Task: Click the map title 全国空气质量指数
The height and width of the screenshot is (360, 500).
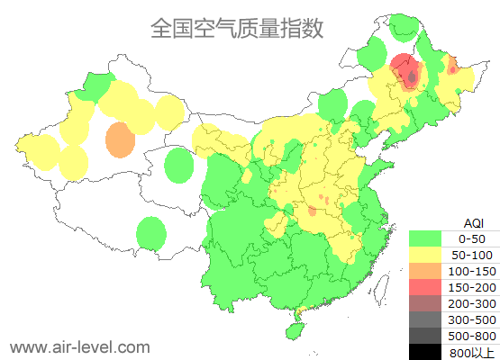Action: (x=237, y=28)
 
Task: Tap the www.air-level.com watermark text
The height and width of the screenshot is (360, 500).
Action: (x=79, y=346)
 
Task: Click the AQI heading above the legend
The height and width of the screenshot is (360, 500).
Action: (x=473, y=222)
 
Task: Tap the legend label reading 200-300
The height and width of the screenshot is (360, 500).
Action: (x=472, y=303)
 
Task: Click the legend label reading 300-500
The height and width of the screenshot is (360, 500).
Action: (x=472, y=319)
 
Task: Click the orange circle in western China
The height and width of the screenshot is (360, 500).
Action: (x=120, y=140)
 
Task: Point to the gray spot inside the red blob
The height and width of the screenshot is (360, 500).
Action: (x=412, y=77)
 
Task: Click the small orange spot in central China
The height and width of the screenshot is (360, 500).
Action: (x=312, y=211)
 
